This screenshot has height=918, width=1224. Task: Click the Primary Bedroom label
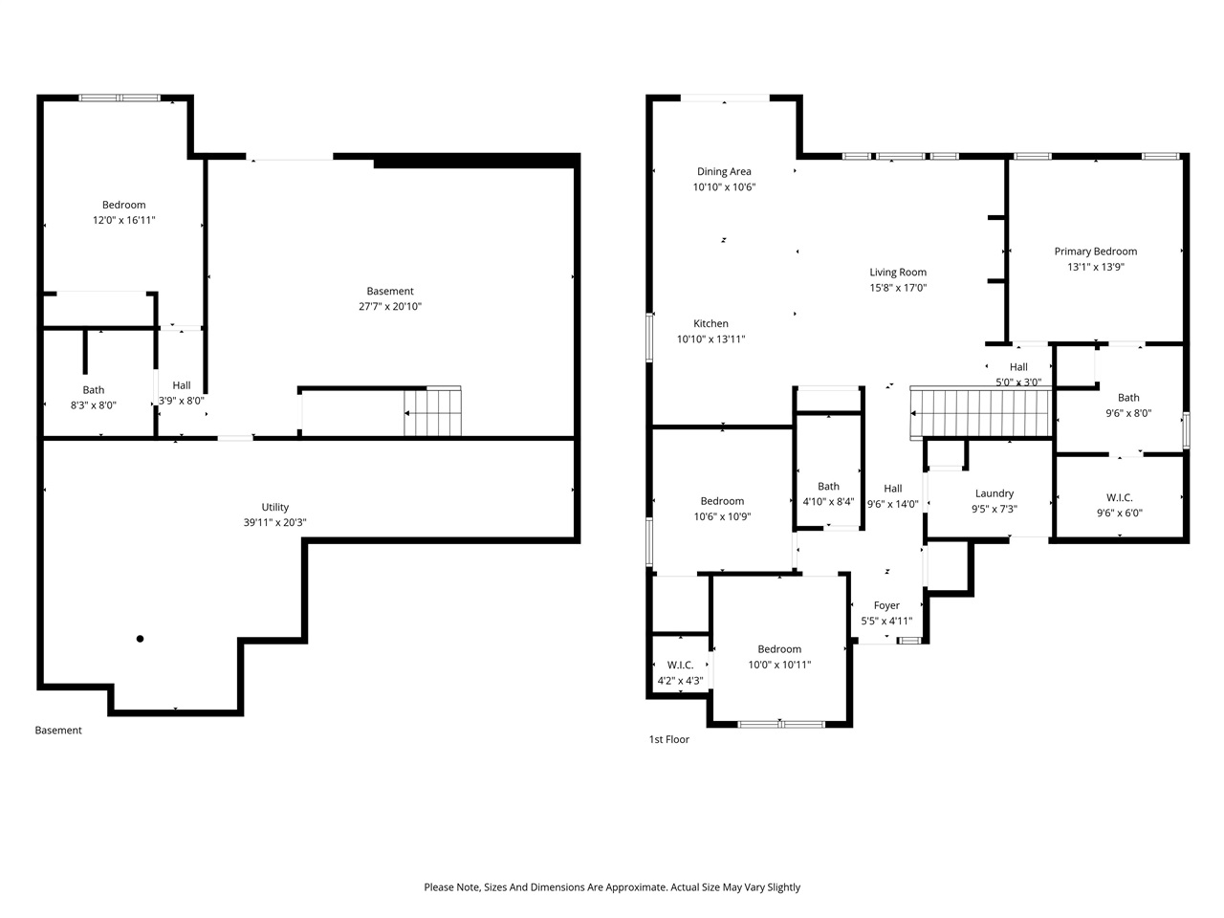tap(1095, 251)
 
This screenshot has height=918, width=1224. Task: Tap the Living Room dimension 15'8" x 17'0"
tap(898, 288)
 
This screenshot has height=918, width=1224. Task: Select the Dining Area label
tap(724, 172)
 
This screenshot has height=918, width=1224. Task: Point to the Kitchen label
tap(710, 324)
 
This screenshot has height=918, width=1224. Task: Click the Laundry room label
tap(994, 493)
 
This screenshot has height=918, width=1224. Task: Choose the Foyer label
tap(886, 605)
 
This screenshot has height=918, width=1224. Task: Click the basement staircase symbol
tap(432, 412)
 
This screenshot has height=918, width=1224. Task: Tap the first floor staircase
tap(979, 412)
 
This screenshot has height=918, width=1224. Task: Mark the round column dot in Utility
tap(140, 639)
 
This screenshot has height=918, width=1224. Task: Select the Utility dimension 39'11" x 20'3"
tap(274, 523)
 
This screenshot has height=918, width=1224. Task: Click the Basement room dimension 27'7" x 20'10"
tap(390, 307)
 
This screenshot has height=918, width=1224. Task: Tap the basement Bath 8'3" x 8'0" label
tap(93, 397)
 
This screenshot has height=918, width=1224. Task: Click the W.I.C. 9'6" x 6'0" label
tap(1119, 505)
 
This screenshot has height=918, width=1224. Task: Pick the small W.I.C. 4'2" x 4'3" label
tap(680, 673)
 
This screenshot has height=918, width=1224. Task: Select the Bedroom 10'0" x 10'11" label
tap(779, 657)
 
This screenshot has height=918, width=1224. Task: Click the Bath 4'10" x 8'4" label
tap(828, 493)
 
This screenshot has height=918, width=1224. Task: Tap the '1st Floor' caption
tap(669, 739)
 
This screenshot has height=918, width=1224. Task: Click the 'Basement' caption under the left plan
tap(58, 731)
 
